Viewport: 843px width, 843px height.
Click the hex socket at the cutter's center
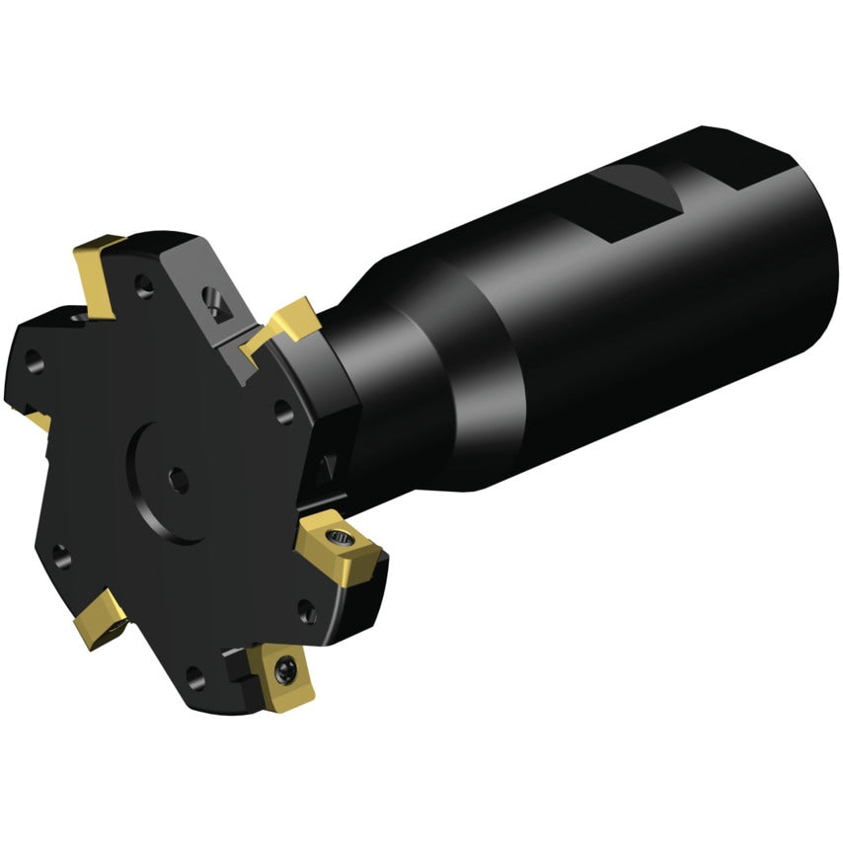click(178, 478)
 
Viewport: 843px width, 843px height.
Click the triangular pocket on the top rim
click(215, 299)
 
